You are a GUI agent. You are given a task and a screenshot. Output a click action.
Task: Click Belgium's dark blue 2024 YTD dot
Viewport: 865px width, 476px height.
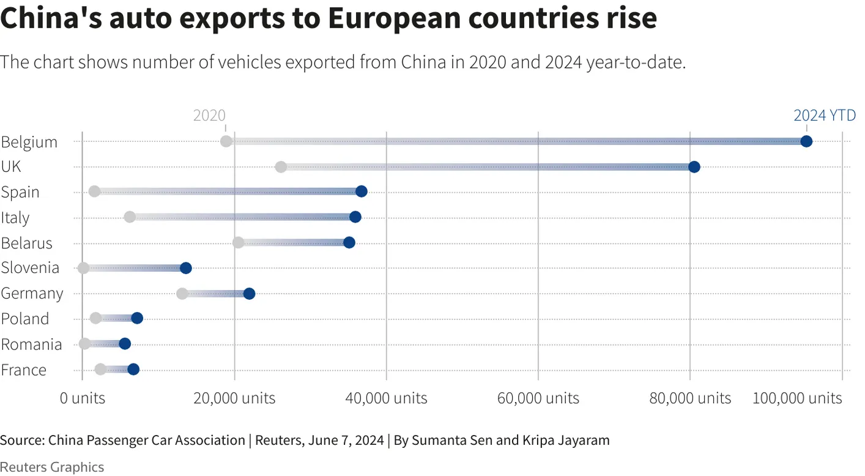tap(806, 141)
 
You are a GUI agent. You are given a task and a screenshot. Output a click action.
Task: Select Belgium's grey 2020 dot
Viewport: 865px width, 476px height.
tap(226, 141)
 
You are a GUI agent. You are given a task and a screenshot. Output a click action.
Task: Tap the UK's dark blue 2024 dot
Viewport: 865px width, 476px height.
tap(694, 167)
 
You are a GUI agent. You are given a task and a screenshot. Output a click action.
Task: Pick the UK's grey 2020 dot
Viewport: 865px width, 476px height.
tap(281, 167)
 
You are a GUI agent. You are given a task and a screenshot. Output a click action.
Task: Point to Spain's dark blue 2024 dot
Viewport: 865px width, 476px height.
tap(362, 192)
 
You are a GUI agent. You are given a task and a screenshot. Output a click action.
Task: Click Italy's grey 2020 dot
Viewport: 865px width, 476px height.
tap(130, 217)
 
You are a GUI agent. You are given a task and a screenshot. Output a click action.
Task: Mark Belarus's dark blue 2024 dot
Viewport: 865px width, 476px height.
tap(349, 242)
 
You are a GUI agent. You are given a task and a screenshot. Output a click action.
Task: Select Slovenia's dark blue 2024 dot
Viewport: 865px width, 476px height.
tap(186, 268)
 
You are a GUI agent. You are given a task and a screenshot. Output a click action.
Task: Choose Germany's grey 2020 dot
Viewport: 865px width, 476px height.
tap(182, 294)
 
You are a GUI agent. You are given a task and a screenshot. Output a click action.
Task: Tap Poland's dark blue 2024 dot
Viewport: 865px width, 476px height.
tap(137, 318)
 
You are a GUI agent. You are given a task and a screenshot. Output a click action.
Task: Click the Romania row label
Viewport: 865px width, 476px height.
tap(31, 344)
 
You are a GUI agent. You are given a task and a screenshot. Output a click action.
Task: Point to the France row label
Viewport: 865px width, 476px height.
tap(24, 370)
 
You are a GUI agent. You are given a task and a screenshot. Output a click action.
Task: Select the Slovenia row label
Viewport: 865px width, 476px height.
tap(30, 268)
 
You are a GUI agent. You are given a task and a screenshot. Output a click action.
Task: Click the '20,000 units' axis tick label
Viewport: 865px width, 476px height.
tap(234, 398)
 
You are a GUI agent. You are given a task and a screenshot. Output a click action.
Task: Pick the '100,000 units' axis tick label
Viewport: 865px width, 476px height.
tap(796, 398)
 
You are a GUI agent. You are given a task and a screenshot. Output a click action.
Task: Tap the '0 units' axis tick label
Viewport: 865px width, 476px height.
tap(83, 398)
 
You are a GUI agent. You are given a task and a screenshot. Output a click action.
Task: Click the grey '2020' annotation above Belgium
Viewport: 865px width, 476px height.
tap(209, 116)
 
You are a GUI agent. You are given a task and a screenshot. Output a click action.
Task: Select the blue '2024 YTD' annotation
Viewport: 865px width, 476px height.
tap(824, 115)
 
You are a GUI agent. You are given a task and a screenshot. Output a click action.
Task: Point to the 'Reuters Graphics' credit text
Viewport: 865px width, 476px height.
tap(52, 467)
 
